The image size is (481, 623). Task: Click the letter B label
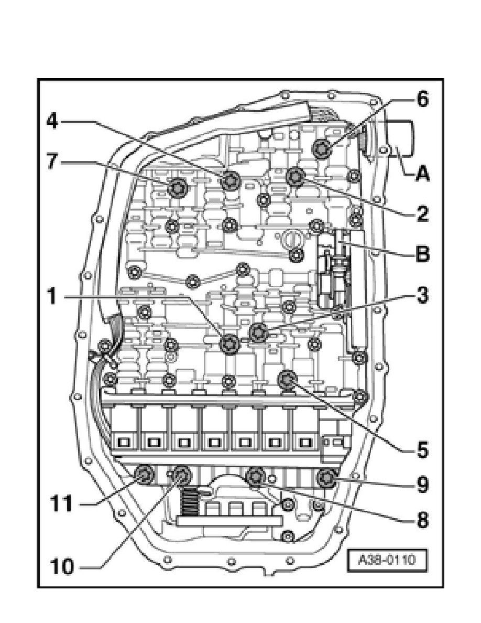[422, 253]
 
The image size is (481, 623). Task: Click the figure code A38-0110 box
[387, 560]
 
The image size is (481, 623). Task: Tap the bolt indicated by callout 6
[321, 148]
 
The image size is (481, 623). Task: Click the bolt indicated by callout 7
[177, 187]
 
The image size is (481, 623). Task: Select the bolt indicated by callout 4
[230, 180]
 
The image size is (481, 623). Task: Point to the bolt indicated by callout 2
[296, 176]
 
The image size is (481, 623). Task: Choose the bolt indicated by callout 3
[259, 332]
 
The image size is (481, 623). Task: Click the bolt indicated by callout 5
[287, 380]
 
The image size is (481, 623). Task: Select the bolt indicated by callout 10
[182, 475]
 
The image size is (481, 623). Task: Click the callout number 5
[422, 450]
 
